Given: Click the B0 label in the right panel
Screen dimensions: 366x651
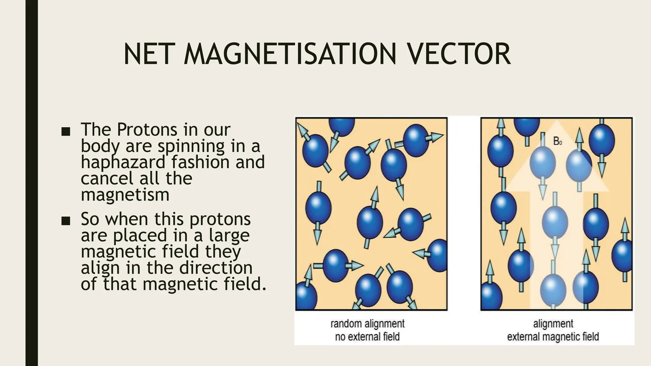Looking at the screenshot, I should tap(557, 141).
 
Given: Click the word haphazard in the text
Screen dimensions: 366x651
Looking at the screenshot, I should tap(123, 162).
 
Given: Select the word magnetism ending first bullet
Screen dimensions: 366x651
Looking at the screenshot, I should tap(125, 194).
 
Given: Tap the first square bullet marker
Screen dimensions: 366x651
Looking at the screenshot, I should tap(65, 132).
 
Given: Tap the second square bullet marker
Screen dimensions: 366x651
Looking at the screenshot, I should tap(65, 221).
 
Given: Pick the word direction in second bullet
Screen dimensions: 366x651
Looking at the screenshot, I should tap(216, 268).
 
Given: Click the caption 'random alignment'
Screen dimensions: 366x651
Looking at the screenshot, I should tap(367, 324).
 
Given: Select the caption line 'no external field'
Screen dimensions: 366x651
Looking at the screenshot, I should tap(367, 336).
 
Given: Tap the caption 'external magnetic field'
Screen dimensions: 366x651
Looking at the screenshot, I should tap(553, 336).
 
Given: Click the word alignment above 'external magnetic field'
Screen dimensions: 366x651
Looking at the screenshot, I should tap(553, 324).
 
